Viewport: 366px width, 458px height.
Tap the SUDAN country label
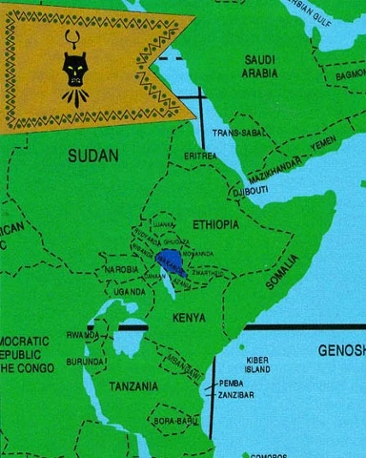92,154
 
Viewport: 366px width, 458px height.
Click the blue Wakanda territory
173,260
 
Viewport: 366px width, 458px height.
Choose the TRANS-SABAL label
238,133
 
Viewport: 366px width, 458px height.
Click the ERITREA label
200,155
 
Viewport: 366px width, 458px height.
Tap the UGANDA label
130,291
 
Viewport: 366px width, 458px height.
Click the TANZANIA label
132,386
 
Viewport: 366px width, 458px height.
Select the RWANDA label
81,335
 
